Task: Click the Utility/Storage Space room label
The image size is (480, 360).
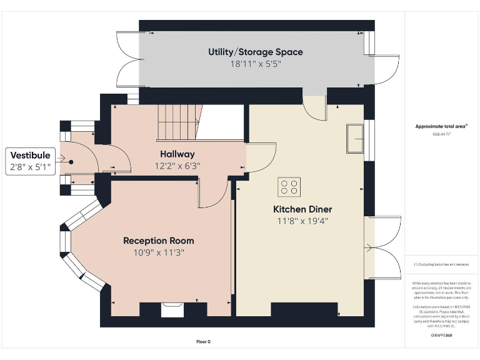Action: click(255, 51)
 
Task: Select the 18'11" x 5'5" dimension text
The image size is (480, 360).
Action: click(255, 64)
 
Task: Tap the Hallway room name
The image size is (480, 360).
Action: click(177, 154)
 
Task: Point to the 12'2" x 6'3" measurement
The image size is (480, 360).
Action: click(177, 166)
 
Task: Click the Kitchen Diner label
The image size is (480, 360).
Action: click(302, 209)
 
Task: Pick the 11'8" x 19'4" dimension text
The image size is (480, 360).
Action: click(302, 221)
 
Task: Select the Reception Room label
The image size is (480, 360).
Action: click(158, 241)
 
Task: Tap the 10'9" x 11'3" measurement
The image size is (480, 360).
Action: click(158, 252)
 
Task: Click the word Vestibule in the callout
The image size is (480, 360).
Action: click(29, 156)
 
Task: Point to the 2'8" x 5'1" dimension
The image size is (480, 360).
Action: click(29, 167)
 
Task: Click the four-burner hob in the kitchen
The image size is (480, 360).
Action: click(289, 187)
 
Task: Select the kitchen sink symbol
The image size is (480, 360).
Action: click(356, 137)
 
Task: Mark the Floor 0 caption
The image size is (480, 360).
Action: click(203, 342)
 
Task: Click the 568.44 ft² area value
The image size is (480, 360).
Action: click(441, 134)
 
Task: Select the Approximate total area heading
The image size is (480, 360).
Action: click(441, 126)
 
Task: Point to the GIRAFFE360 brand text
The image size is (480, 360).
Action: click(441, 336)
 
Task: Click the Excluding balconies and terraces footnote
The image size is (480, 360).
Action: click(441, 265)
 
